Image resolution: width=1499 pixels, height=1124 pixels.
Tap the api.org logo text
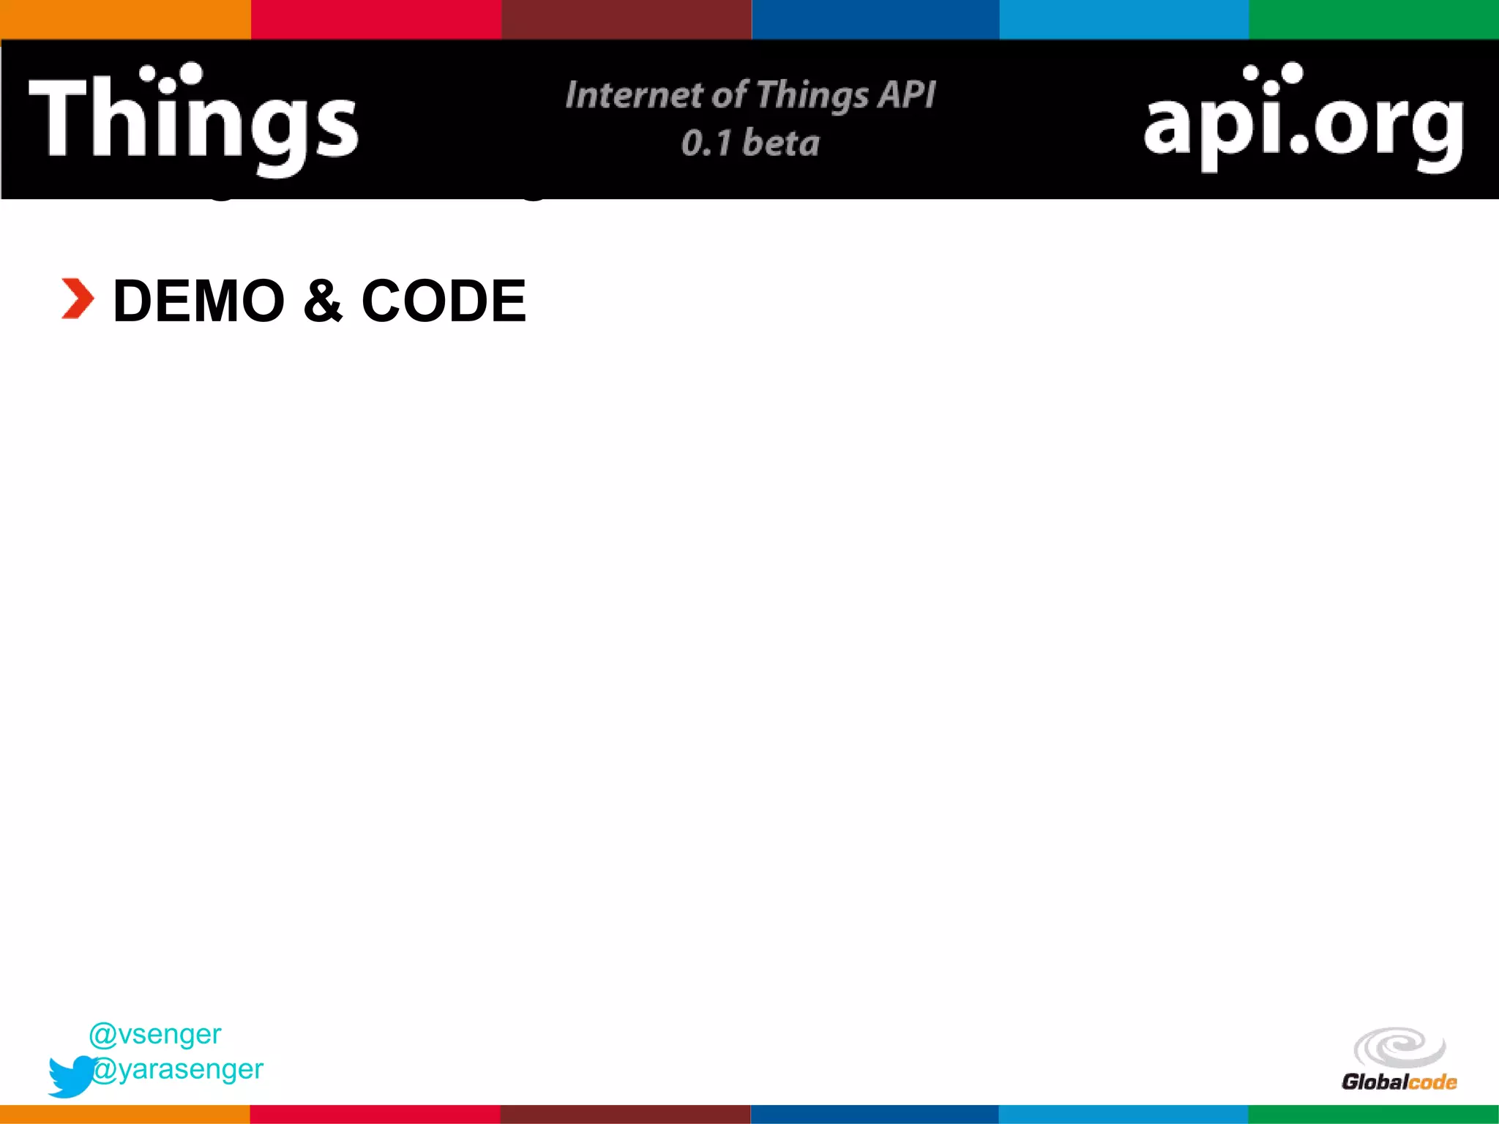[x=1303, y=124]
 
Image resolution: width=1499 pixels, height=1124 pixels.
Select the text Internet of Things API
[x=750, y=95]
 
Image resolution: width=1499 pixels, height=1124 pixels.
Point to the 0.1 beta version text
[x=750, y=143]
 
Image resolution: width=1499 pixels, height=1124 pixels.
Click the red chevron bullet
[x=77, y=299]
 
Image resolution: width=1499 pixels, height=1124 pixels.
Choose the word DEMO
[x=199, y=301]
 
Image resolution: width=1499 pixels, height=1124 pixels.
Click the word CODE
[x=444, y=301]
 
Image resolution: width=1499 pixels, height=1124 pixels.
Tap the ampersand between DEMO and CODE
[x=323, y=301]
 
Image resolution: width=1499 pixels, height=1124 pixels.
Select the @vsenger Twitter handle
[x=155, y=1034]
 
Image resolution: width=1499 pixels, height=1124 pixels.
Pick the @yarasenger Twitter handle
[x=178, y=1069]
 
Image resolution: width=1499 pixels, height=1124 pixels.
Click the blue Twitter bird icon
[x=71, y=1076]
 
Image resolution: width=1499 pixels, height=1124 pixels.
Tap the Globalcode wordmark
[x=1399, y=1082]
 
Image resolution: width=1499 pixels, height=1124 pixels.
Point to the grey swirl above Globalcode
[x=1399, y=1047]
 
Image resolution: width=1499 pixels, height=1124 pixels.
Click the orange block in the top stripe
[x=125, y=19]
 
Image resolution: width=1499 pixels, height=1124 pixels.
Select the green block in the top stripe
[x=1374, y=19]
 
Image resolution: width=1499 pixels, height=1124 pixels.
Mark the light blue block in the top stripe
[x=1124, y=19]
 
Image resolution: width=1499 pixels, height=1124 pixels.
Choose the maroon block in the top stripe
[x=626, y=19]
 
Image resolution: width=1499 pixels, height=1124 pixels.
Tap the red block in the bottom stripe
[x=375, y=1114]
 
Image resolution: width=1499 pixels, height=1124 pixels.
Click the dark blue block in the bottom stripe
[x=875, y=1114]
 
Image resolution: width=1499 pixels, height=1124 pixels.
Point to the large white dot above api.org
[x=1292, y=73]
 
